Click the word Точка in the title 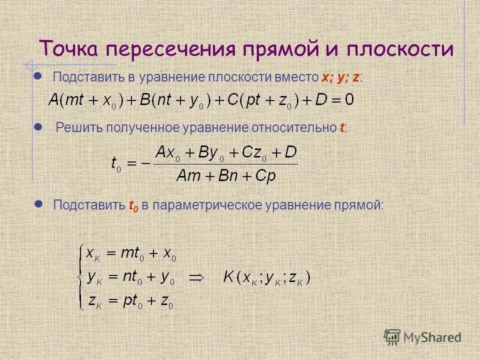click(70, 50)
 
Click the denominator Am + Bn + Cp click(226, 176)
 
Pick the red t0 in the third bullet click(133, 205)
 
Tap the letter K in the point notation click(228, 277)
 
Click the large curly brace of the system click(79, 277)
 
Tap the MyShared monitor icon click(392, 337)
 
